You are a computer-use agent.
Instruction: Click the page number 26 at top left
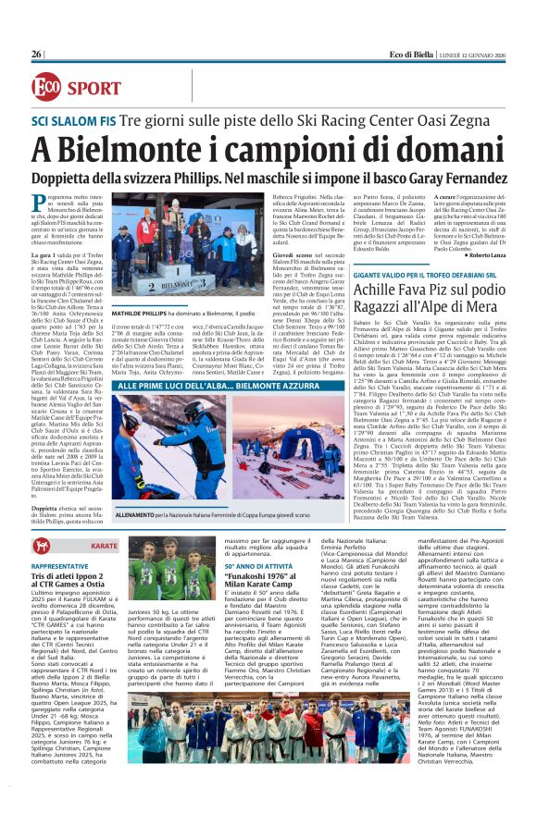pyautogui.click(x=37, y=54)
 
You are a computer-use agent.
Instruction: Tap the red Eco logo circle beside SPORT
pyautogui.click(x=44, y=87)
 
